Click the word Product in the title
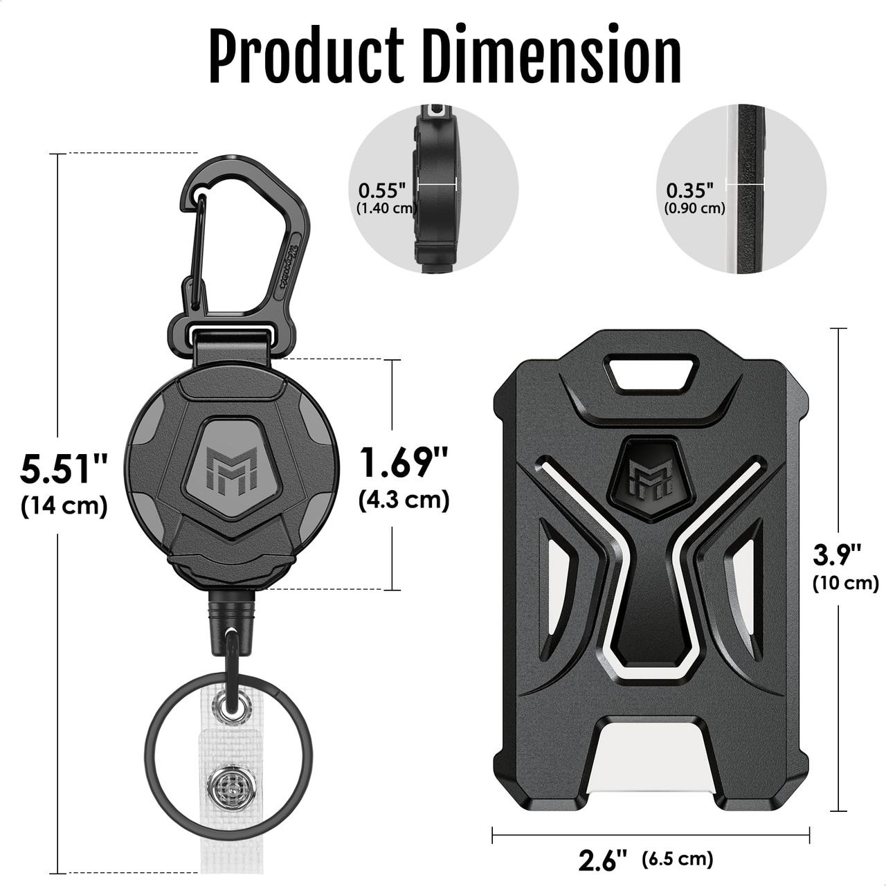[307, 57]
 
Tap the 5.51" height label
[64, 469]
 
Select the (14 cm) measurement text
[64, 505]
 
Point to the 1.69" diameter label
[404, 462]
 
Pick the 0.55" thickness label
[383, 190]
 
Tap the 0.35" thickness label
[690, 190]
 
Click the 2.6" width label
[603, 860]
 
